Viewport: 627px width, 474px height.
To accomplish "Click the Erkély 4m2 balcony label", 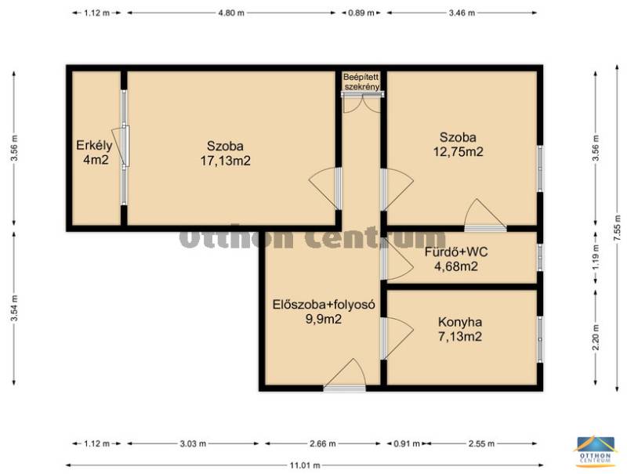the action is [94, 152].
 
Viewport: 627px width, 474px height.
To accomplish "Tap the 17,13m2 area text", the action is [225, 161].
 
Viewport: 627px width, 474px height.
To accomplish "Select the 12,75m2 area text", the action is [458, 152].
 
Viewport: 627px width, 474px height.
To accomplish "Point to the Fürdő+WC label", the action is [456, 252].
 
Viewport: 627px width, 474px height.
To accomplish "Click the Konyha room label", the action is [460, 322].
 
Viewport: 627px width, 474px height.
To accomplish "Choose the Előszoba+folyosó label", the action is [324, 305].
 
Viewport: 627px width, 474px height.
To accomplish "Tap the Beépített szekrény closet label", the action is [361, 81].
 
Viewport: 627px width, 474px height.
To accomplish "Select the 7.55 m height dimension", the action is [618, 228].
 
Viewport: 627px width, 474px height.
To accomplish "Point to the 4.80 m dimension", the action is [231, 13].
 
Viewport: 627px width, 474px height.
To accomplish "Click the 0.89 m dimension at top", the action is [361, 13].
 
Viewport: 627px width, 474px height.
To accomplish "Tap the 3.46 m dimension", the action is [462, 13].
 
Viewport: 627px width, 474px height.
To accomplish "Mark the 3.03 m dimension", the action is [193, 443].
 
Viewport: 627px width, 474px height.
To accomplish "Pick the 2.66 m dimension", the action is [323, 443].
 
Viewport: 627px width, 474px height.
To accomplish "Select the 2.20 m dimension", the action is [596, 337].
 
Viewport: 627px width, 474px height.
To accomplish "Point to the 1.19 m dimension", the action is [596, 258].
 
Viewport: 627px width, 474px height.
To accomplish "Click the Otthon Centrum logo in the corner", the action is [594, 451].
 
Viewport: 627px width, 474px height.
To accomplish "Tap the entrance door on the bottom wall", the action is [344, 374].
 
